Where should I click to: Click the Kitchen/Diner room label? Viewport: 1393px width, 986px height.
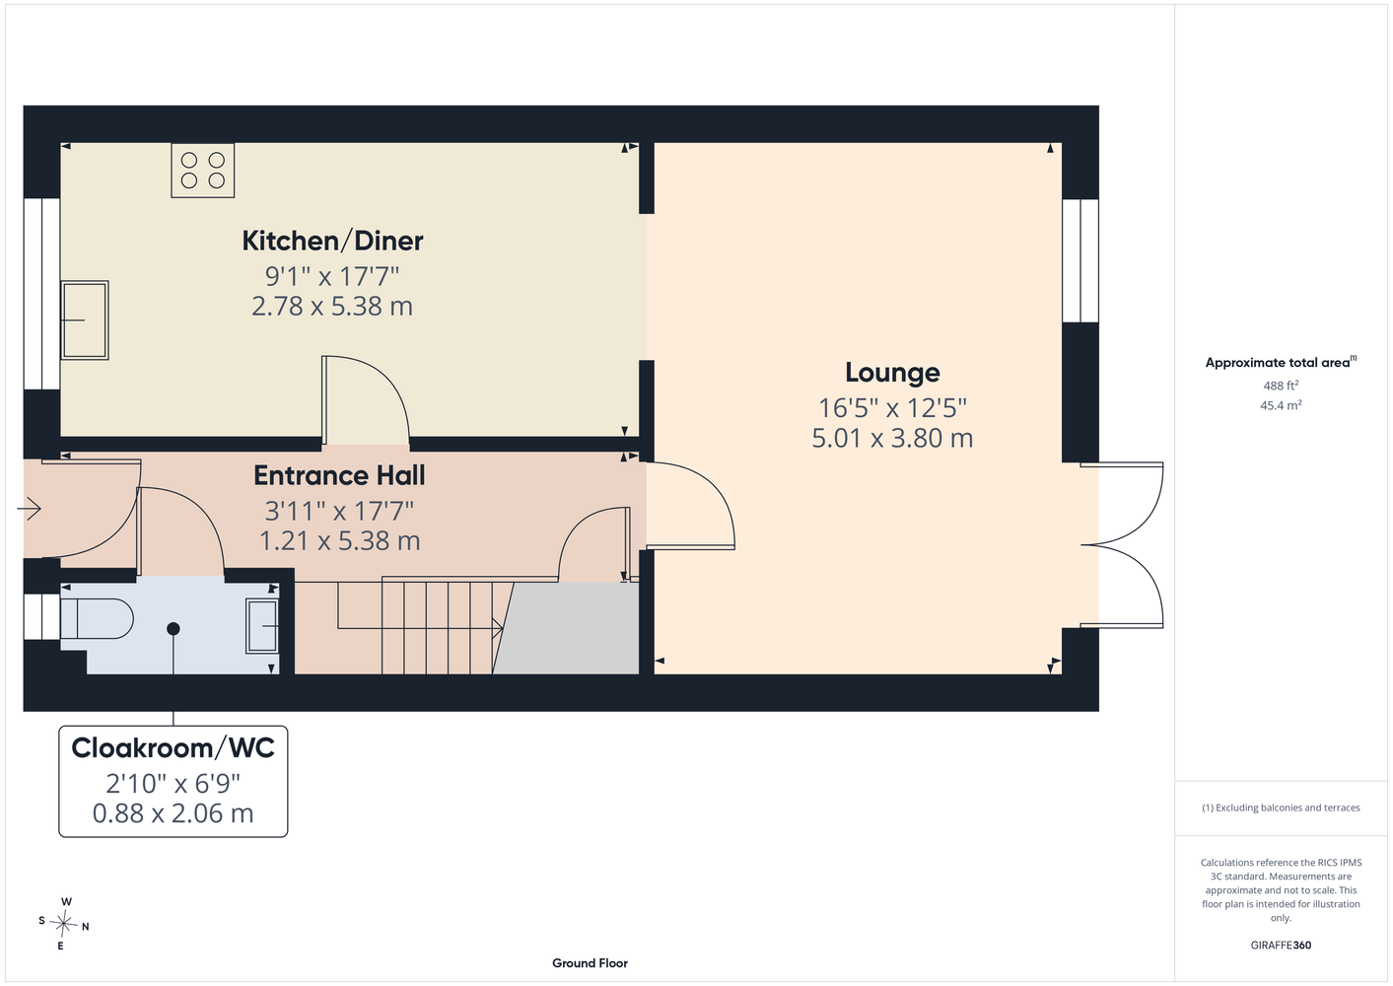(x=332, y=241)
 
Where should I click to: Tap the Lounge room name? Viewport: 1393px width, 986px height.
(x=892, y=373)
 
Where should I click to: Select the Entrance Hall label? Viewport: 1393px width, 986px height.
(x=339, y=476)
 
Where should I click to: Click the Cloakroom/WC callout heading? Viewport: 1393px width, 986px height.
(x=173, y=747)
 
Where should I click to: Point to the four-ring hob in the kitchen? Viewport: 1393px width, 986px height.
(x=203, y=171)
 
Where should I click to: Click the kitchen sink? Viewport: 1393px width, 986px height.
(x=85, y=320)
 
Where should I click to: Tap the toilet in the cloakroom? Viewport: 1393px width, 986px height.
(x=97, y=618)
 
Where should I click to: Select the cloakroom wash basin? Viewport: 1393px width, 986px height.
(x=262, y=626)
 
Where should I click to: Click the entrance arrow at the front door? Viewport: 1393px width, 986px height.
(x=29, y=509)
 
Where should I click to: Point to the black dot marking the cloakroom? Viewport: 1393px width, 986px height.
(x=174, y=629)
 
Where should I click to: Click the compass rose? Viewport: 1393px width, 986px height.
(x=64, y=924)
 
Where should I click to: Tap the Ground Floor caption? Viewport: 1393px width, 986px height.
(x=590, y=963)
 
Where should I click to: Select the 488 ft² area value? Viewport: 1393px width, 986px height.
(x=1281, y=386)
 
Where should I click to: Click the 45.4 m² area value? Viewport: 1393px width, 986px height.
(x=1281, y=405)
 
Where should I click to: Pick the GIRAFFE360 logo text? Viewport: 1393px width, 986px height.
(x=1281, y=945)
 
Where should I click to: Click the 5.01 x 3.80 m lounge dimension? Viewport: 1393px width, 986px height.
(x=892, y=438)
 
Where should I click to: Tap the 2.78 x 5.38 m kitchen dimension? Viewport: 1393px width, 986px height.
(x=332, y=306)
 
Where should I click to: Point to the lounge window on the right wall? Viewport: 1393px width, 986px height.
(x=1080, y=260)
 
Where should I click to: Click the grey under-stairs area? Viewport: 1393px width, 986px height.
(x=567, y=628)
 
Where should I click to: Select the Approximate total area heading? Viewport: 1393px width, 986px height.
(x=1281, y=362)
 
